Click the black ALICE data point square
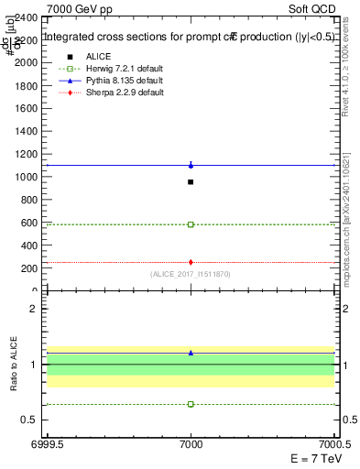[191, 181]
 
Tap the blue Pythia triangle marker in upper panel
[191, 165]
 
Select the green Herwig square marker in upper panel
[191, 224]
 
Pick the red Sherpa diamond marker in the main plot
[191, 262]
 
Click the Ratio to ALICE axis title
[13, 365]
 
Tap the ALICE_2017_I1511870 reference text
[191, 273]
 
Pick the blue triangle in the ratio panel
[191, 352]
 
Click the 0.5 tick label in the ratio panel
[33, 420]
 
